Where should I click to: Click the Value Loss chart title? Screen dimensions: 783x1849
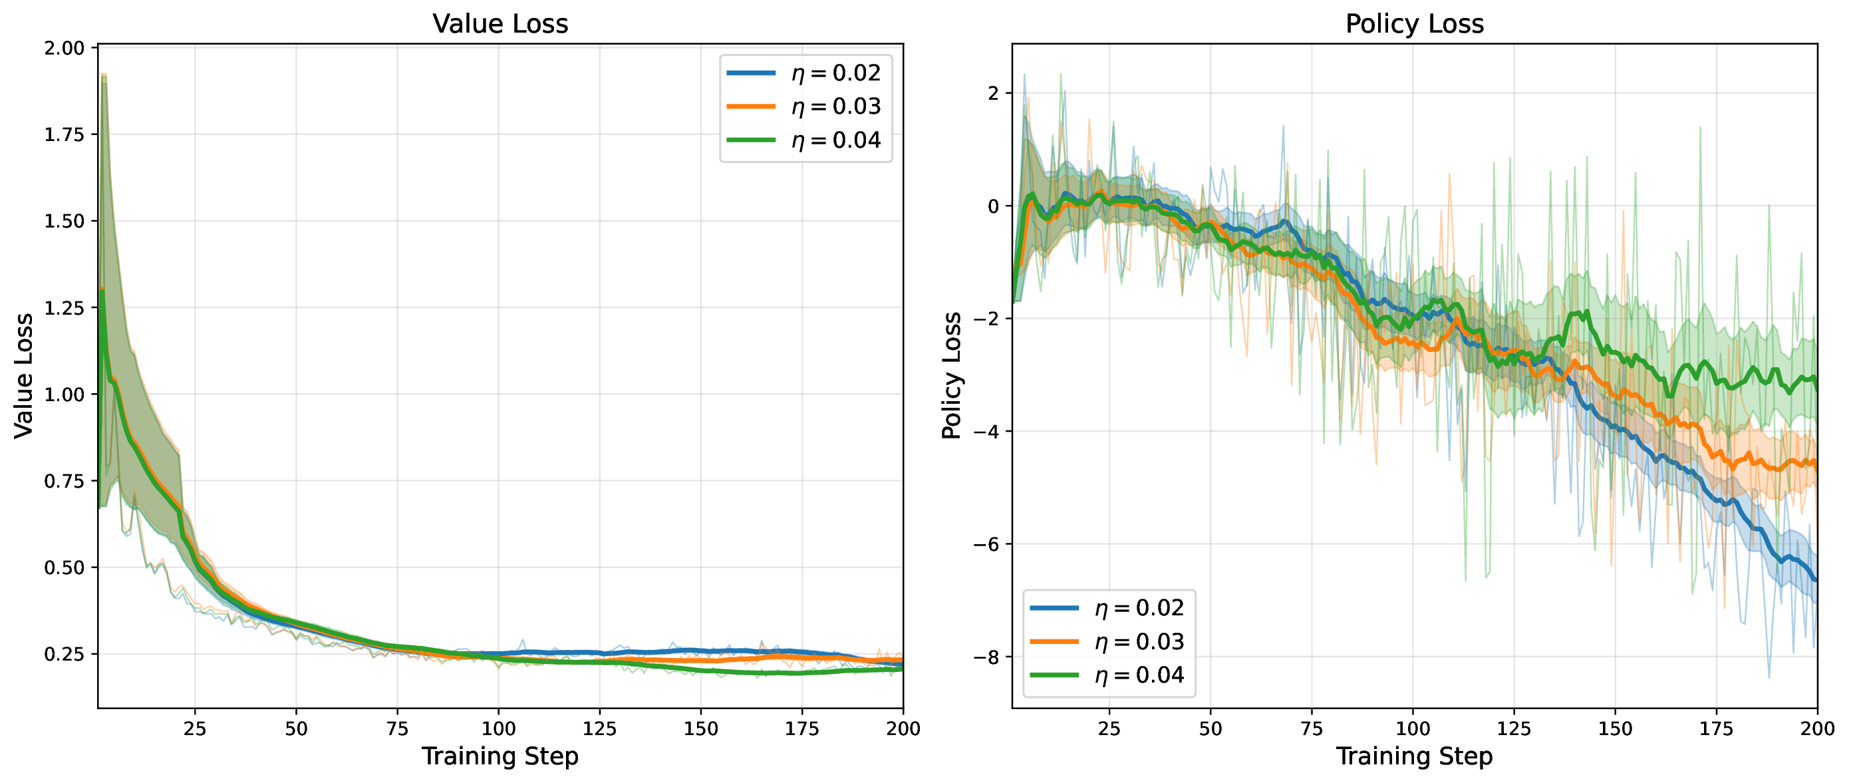click(500, 24)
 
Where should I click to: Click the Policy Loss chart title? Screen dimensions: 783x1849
click(1414, 24)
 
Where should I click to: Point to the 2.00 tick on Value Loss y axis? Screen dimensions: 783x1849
click(64, 48)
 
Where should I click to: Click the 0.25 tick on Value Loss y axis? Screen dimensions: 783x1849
click(64, 655)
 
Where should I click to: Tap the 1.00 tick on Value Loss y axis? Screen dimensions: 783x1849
click(64, 394)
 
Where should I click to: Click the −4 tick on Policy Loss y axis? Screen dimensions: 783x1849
click(986, 432)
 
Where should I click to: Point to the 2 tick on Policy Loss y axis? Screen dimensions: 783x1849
click(994, 93)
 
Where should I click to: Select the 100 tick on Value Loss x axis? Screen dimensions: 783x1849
click(498, 729)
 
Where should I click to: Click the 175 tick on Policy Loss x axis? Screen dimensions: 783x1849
click(1716, 729)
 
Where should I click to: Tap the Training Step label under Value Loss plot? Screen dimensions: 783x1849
click(499, 756)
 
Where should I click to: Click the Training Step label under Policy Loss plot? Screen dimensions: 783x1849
click(1414, 756)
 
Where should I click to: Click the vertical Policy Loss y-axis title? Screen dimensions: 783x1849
click(951, 375)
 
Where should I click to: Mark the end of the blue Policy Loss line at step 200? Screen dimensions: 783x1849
click(1816, 580)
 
